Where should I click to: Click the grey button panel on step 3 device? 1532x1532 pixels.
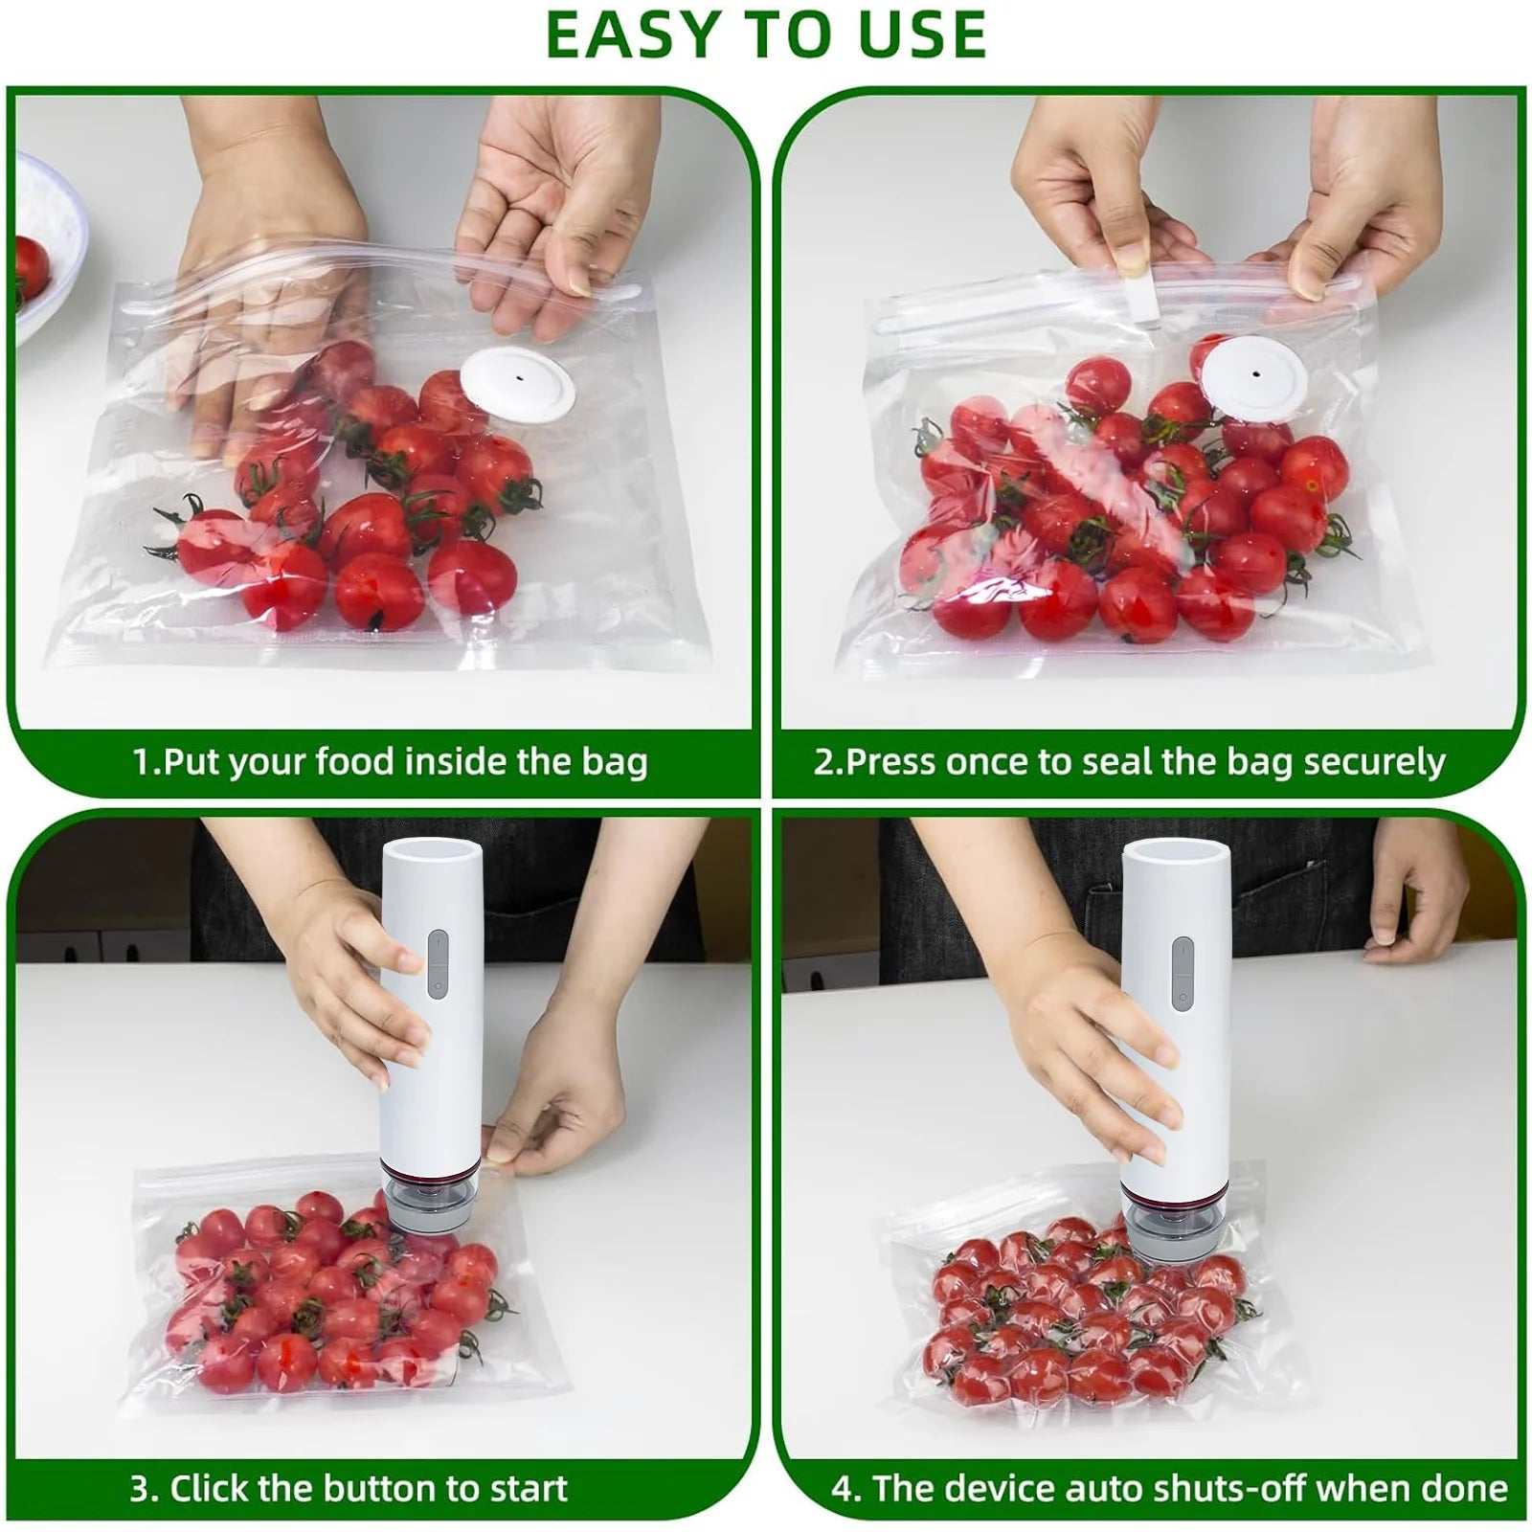(x=438, y=963)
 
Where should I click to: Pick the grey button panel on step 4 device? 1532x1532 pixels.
(x=1183, y=971)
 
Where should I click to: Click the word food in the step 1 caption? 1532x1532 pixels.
(x=354, y=762)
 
